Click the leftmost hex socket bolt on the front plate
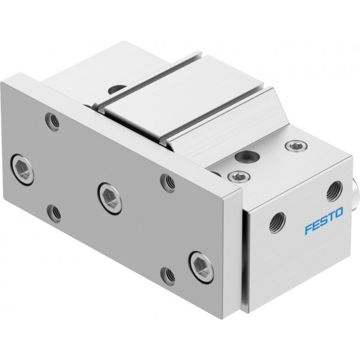pyautogui.click(x=22, y=170)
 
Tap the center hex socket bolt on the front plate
pyautogui.click(x=110, y=199)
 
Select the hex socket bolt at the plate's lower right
pyautogui.click(x=201, y=267)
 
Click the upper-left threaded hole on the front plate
pyautogui.click(x=52, y=121)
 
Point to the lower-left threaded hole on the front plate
pyautogui.click(x=54, y=213)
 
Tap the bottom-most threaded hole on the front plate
pyautogui.click(x=167, y=276)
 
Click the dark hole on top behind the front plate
pyautogui.click(x=118, y=89)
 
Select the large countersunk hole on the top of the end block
pyautogui.click(x=247, y=157)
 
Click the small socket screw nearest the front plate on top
pyautogui.click(x=239, y=176)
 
